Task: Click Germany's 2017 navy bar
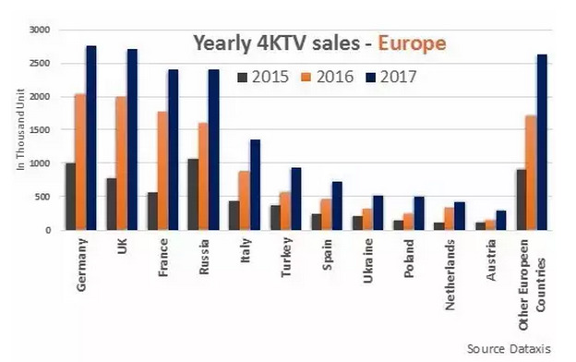91,139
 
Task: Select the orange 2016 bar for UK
122,163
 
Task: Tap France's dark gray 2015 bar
152,211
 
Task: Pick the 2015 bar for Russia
193,195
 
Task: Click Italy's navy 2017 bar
256,185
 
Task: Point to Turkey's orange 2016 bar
285,211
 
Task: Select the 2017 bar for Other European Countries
542,142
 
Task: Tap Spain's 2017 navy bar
337,206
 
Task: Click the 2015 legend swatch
243,78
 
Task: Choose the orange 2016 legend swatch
306,78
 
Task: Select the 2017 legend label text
398,78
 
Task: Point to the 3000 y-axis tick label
40,30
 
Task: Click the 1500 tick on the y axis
40,129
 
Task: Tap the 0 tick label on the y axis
48,230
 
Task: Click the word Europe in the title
413,43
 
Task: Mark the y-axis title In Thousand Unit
20,129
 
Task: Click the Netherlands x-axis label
450,274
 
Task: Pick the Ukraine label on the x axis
368,260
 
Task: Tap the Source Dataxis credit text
509,349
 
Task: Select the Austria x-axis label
491,259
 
